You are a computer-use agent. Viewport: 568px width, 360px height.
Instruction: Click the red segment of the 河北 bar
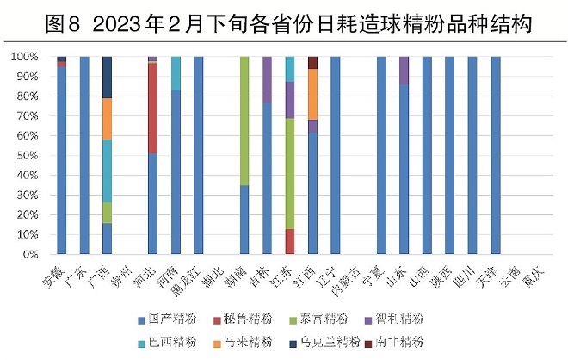click(x=152, y=108)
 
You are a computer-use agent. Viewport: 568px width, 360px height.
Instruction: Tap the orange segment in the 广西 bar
click(x=107, y=119)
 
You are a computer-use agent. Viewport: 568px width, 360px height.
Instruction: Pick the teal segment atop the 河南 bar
click(x=176, y=73)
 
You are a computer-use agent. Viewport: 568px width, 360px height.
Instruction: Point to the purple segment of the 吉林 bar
click(x=267, y=79)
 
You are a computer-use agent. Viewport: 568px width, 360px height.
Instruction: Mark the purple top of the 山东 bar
click(x=404, y=71)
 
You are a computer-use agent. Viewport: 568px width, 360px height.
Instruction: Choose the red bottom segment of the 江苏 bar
click(x=290, y=241)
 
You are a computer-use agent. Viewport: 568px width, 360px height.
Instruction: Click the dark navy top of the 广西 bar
click(x=107, y=78)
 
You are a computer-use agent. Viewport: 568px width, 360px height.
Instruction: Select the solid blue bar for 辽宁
click(x=336, y=155)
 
